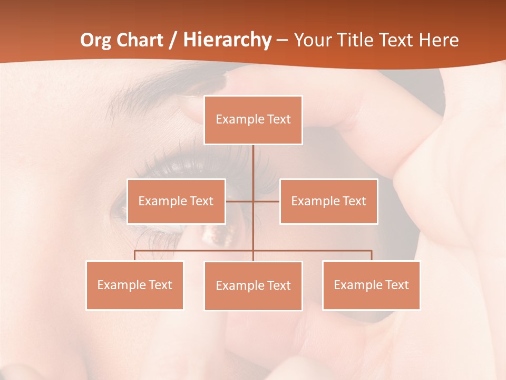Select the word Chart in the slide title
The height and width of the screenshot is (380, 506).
tap(139, 40)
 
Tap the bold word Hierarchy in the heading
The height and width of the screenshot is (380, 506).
tap(227, 40)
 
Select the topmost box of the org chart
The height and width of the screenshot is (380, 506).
tap(253, 120)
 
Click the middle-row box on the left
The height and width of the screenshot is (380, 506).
tap(176, 201)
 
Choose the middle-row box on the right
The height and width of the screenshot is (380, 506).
tap(328, 201)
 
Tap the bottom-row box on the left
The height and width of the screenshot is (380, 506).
tap(135, 285)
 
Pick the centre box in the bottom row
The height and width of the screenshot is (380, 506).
tap(253, 286)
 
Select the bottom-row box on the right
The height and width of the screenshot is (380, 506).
tap(371, 285)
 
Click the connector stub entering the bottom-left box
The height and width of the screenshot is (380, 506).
tap(135, 255)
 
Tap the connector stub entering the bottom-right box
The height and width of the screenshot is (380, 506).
tap(372, 255)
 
